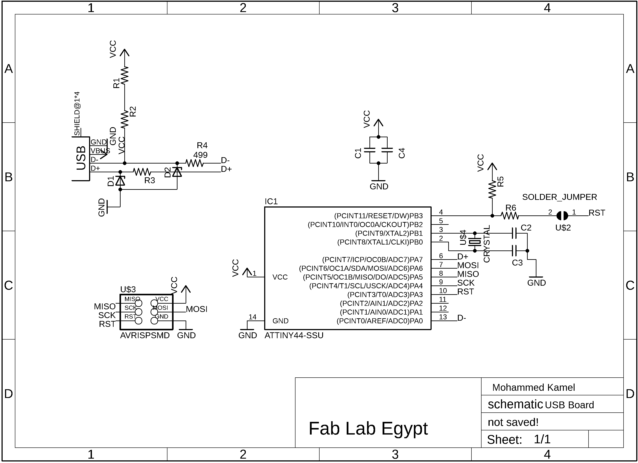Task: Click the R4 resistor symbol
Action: [194, 163]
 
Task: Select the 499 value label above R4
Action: [200, 155]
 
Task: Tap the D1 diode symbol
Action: [120, 181]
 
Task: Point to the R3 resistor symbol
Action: [142, 172]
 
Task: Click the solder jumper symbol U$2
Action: [562, 216]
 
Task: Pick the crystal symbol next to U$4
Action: [475, 242]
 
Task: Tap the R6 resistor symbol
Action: [510, 216]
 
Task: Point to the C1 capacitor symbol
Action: [370, 150]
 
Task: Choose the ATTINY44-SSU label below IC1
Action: [294, 335]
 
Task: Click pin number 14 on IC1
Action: [252, 317]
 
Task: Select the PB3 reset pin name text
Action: [378, 216]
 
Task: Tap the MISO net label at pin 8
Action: [468, 274]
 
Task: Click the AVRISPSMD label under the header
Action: [145, 335]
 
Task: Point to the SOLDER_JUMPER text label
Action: [559, 197]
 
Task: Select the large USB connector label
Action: [81, 158]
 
